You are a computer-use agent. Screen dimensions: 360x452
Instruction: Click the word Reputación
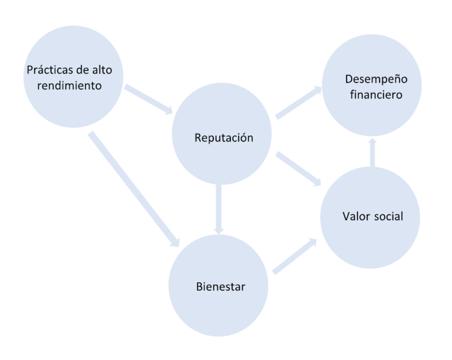click(224, 138)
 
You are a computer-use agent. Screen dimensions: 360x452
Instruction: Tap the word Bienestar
click(221, 286)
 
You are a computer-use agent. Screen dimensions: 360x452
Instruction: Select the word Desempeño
click(376, 80)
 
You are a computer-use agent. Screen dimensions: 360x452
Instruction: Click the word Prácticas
click(50, 70)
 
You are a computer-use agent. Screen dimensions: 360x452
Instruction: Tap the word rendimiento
click(70, 85)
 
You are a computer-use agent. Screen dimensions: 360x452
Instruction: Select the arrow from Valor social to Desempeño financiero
click(372, 153)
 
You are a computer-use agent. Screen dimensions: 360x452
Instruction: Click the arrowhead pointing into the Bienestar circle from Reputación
click(219, 229)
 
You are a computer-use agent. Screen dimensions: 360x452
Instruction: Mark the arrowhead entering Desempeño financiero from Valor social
click(372, 143)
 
